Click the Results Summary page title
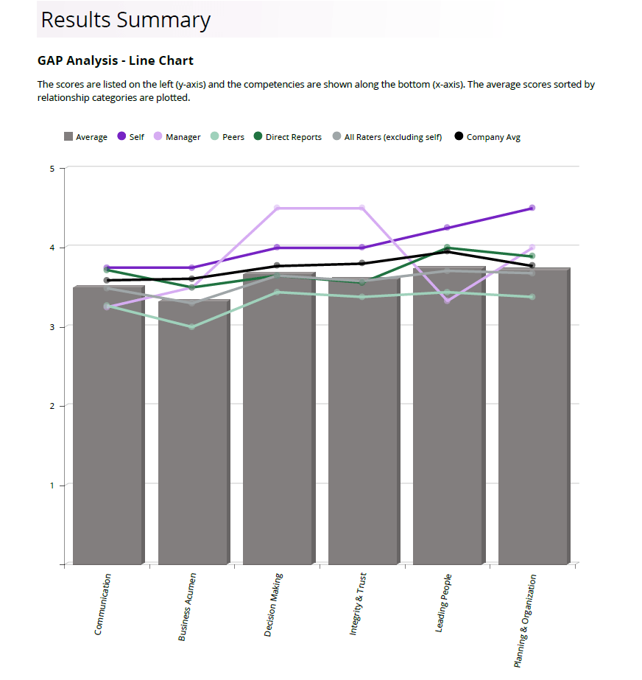tap(125, 20)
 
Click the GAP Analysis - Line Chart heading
tap(115, 60)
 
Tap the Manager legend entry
tap(177, 137)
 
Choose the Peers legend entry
tap(227, 137)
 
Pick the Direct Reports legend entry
tap(288, 137)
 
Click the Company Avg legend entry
tap(487, 137)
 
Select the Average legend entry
tap(85, 137)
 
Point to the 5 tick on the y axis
tap(52, 169)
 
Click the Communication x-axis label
tap(103, 604)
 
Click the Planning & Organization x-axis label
tap(526, 621)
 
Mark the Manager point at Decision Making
tap(277, 208)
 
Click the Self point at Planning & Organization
tap(532, 208)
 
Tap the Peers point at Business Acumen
tap(191, 327)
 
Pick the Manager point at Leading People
tap(446, 301)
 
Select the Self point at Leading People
tap(446, 228)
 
